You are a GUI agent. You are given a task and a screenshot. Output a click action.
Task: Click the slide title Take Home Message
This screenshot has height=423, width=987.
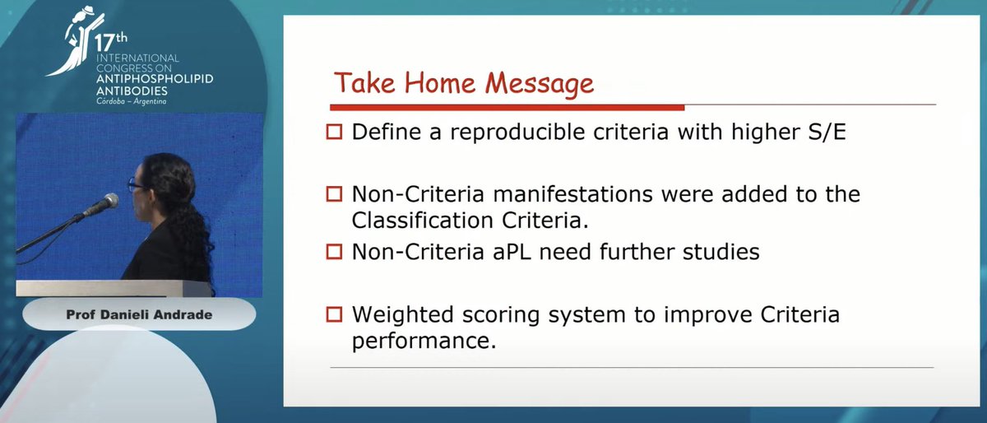[462, 83]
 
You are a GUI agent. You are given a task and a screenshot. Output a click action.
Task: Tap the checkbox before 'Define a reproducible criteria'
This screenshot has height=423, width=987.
[333, 132]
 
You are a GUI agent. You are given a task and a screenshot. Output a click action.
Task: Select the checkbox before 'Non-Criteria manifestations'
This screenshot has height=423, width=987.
[333, 195]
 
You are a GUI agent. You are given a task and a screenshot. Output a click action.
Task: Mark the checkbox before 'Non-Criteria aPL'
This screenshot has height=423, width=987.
[333, 252]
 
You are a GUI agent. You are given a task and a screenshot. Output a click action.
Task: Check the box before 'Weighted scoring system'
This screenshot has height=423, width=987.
[333, 314]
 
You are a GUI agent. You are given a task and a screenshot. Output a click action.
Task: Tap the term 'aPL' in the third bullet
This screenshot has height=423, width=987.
[516, 252]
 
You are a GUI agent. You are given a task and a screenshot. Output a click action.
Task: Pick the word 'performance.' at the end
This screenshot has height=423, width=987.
[424, 341]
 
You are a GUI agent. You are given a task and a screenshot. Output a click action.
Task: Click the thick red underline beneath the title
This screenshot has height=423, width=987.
[507, 107]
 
